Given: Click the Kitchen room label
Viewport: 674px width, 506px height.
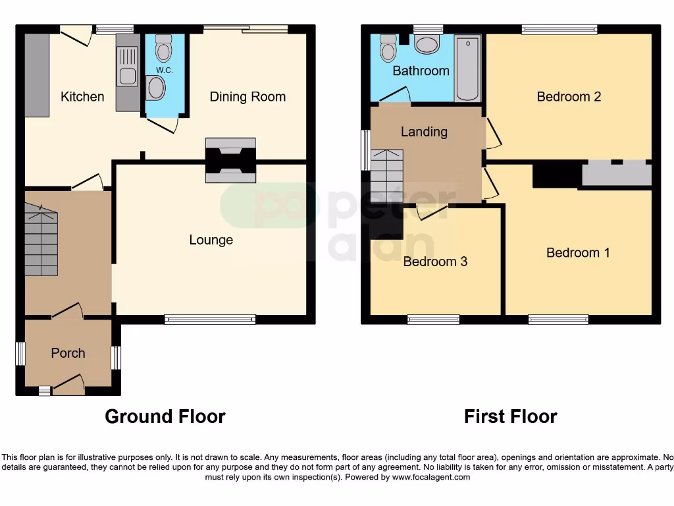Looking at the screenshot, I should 82,97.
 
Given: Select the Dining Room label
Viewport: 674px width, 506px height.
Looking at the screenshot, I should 247,97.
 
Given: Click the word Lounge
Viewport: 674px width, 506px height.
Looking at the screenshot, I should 211,240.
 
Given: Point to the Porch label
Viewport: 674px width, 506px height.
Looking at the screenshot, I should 68,353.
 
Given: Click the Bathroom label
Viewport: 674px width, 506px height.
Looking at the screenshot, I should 421,70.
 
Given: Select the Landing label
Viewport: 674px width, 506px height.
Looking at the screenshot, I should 424,132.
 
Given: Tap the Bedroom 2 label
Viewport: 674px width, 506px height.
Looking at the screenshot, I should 569,97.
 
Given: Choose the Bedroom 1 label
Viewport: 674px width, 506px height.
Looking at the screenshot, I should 578,253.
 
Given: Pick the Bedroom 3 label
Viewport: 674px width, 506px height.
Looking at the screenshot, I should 435,262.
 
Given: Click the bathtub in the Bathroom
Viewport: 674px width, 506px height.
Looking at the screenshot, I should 467,69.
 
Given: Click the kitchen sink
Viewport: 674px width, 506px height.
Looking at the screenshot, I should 126,76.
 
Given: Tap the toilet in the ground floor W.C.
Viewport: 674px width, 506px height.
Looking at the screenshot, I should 163,47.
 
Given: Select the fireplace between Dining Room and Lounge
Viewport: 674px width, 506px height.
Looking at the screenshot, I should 230,160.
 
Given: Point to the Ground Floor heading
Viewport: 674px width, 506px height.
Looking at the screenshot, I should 165,416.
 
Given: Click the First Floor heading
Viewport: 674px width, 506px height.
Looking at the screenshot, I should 510,416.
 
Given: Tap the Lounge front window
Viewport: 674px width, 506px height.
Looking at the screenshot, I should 210,320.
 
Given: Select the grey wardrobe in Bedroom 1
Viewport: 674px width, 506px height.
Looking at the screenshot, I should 617,175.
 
